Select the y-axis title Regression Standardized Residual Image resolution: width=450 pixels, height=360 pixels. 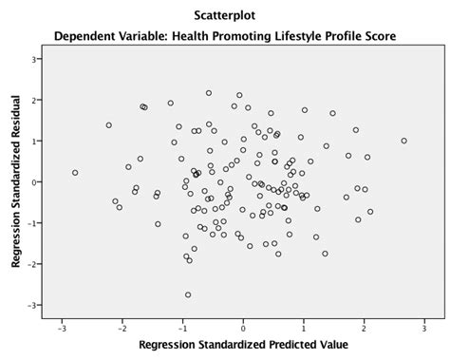(x=16, y=181)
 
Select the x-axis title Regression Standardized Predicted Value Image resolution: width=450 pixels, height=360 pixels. (x=243, y=344)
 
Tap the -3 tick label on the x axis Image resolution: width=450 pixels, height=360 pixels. (x=62, y=328)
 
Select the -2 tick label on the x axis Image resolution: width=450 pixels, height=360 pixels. (x=122, y=328)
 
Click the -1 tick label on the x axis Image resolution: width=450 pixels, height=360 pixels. (x=183, y=328)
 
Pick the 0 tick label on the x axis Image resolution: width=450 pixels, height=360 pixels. (x=244, y=328)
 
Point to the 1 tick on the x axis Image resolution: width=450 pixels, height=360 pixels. (x=305, y=328)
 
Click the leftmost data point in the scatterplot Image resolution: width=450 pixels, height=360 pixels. (x=75, y=173)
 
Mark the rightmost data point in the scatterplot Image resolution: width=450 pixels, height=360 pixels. (x=403, y=141)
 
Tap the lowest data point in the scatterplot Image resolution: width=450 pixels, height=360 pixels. (x=188, y=294)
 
